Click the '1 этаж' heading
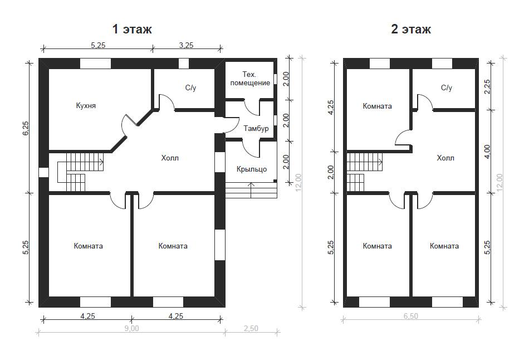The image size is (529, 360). (x=132, y=30)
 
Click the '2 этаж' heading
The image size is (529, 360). (x=411, y=30)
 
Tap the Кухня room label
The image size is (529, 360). (x=86, y=106)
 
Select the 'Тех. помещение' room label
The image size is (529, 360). (x=250, y=79)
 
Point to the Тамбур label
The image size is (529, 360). (x=256, y=128)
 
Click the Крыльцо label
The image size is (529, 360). (x=252, y=169)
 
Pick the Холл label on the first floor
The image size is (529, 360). (x=170, y=158)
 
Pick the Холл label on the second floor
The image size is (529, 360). (x=445, y=158)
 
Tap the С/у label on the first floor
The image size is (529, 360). (x=190, y=88)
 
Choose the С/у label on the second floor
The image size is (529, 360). (x=447, y=88)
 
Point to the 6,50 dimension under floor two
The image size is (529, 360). (x=410, y=316)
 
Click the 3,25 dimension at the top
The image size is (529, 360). (x=186, y=45)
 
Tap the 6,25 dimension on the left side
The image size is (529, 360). (x=27, y=128)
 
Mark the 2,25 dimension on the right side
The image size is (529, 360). (x=487, y=87)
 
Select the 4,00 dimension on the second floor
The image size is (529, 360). (x=487, y=152)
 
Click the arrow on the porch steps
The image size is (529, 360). (x=251, y=190)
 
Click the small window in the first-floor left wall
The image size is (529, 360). (x=44, y=172)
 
